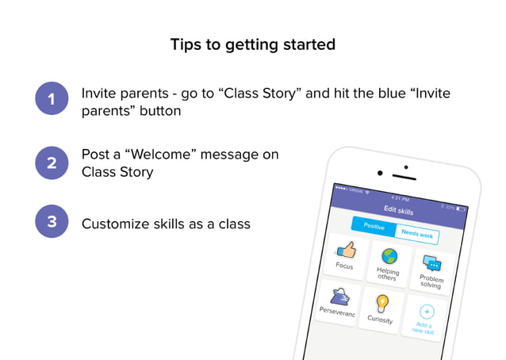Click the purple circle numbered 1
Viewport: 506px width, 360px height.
52,101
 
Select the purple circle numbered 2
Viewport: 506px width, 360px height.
52,163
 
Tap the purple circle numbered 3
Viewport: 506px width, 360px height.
52,223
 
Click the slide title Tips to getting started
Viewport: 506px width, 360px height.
253,44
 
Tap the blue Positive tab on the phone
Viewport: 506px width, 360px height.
374,226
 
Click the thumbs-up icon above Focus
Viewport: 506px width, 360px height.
347,250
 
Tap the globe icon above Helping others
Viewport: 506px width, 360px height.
389,256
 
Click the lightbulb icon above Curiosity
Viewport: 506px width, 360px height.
383,303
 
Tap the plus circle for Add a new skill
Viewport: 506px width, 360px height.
426,312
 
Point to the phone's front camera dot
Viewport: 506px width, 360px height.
380,173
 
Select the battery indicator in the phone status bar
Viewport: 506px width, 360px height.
460,209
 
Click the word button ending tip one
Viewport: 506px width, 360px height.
159,111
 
